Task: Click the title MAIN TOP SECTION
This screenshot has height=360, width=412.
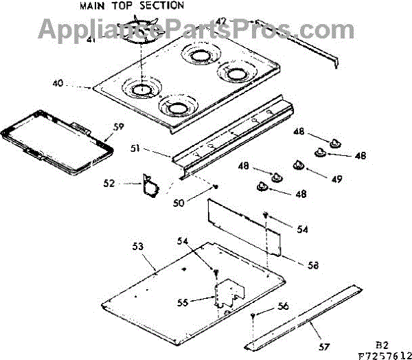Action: (x=131, y=5)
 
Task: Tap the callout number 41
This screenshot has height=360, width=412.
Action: (x=111, y=40)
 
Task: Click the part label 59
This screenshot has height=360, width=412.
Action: (x=118, y=126)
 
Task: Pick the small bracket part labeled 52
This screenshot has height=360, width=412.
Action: (x=149, y=185)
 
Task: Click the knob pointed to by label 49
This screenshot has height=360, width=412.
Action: (x=299, y=166)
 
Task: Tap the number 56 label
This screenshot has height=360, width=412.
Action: (x=284, y=307)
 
